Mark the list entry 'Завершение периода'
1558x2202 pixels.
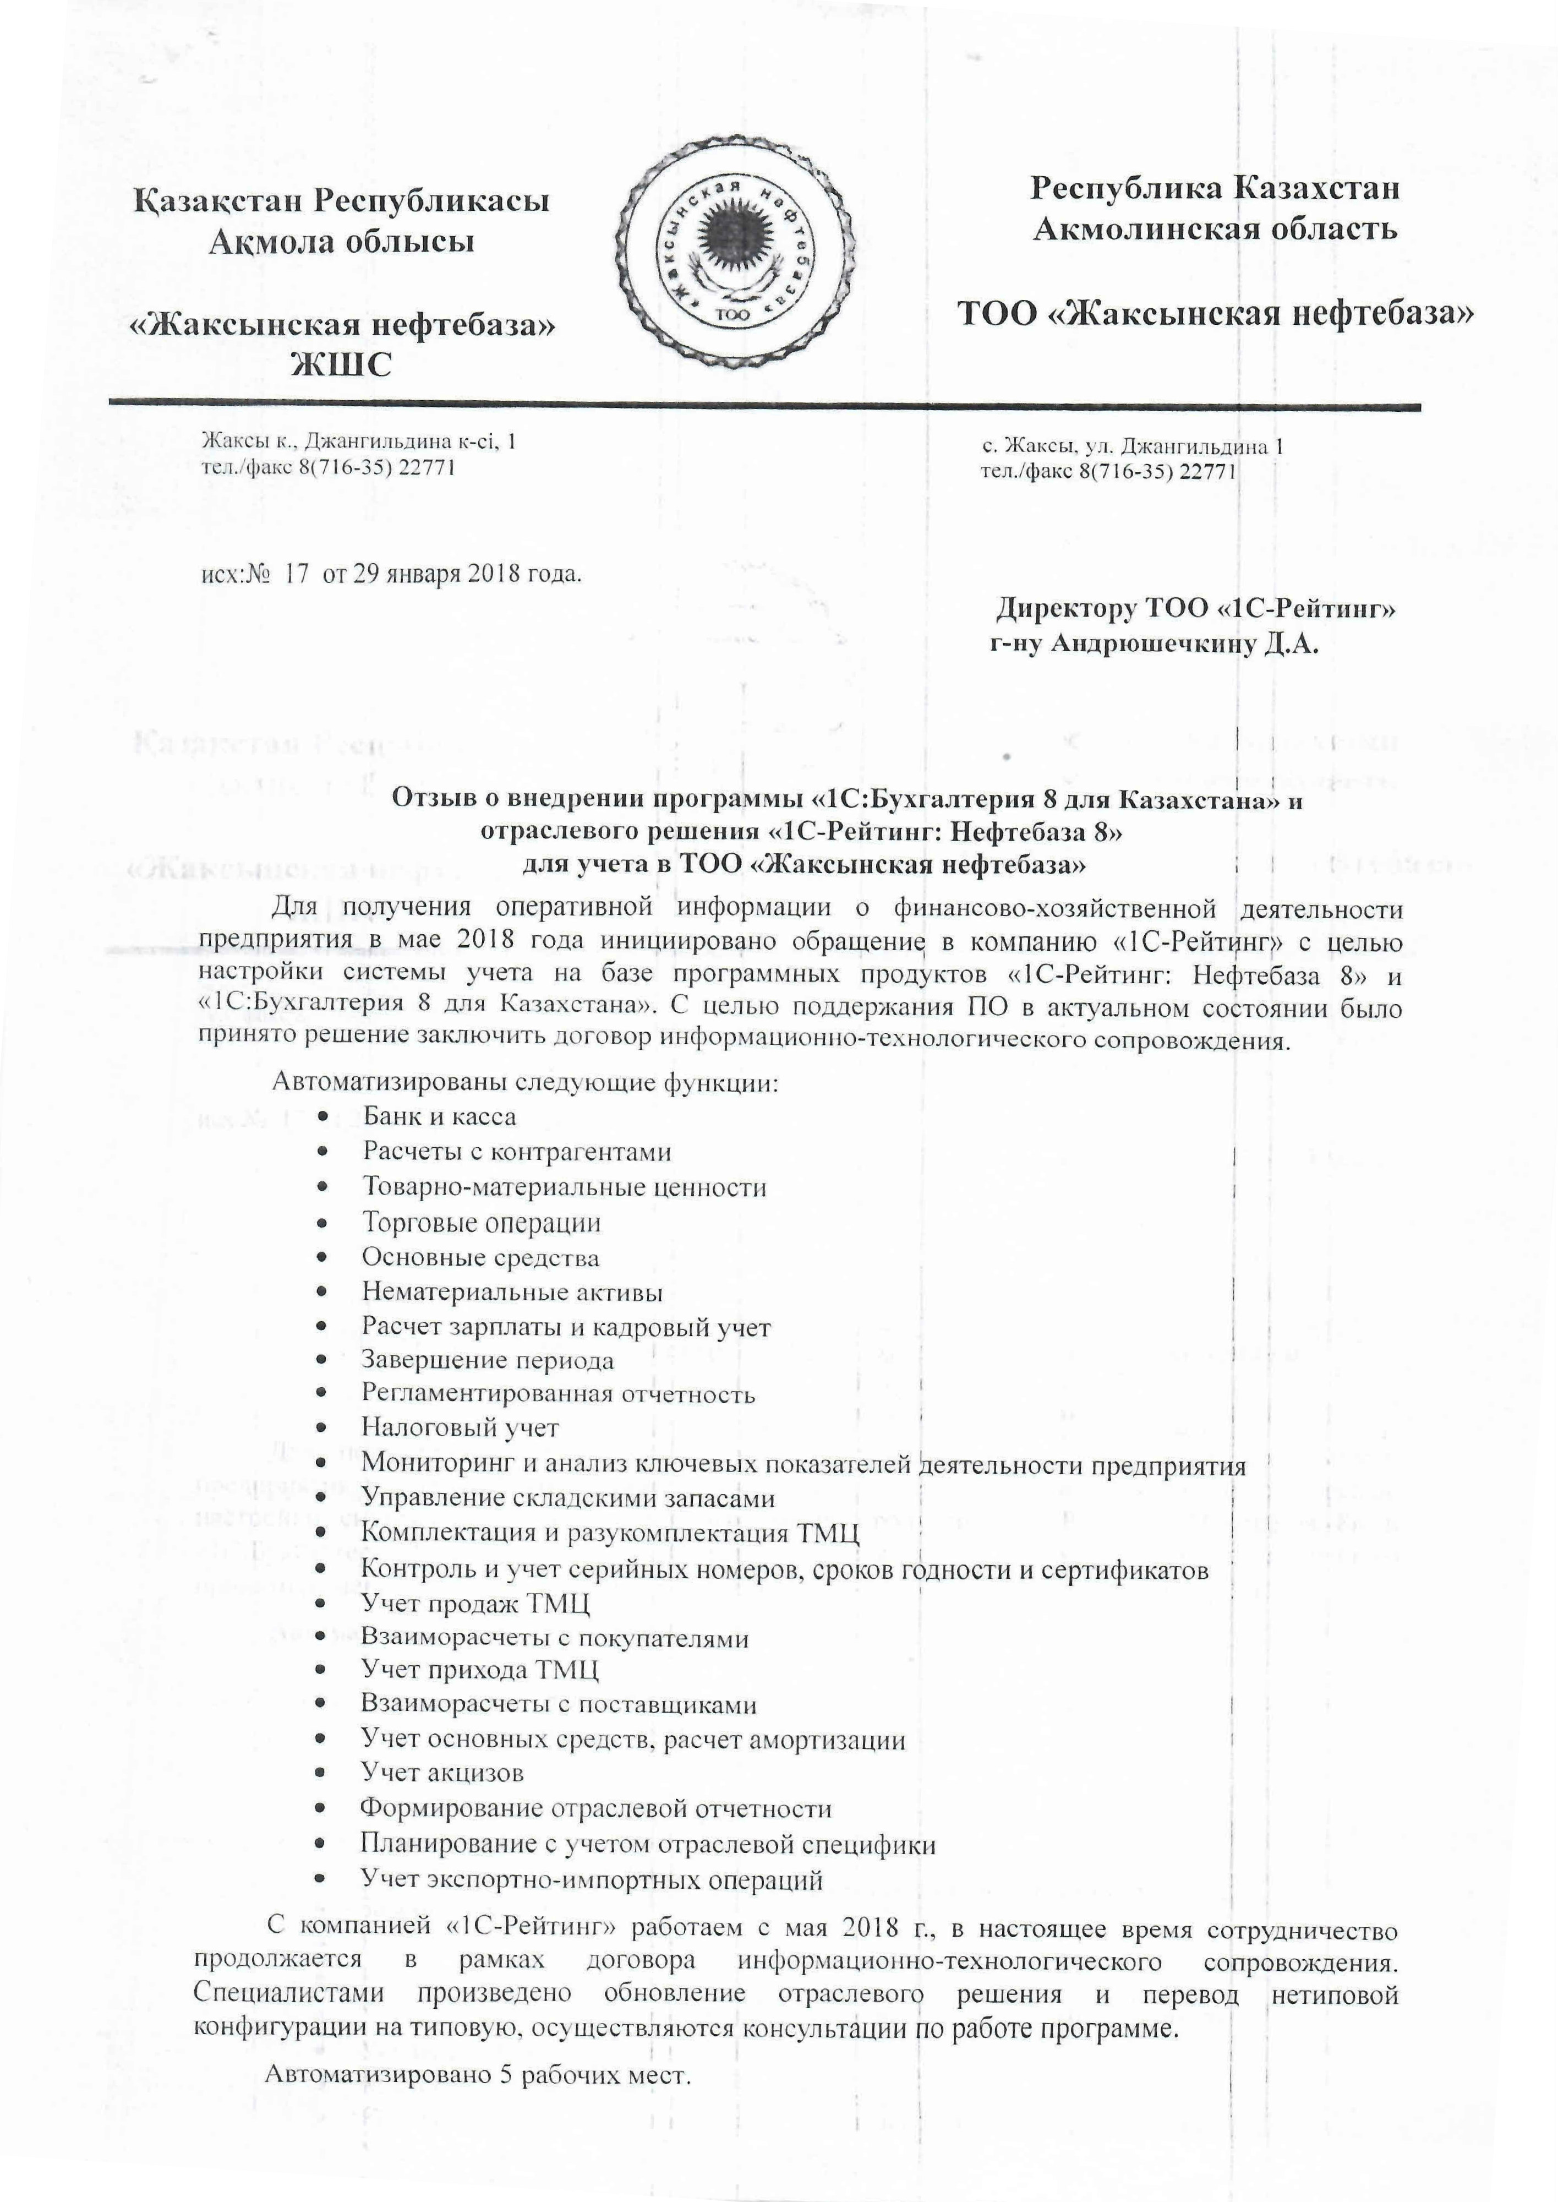(488, 1360)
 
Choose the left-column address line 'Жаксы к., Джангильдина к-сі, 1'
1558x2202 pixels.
(358, 442)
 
